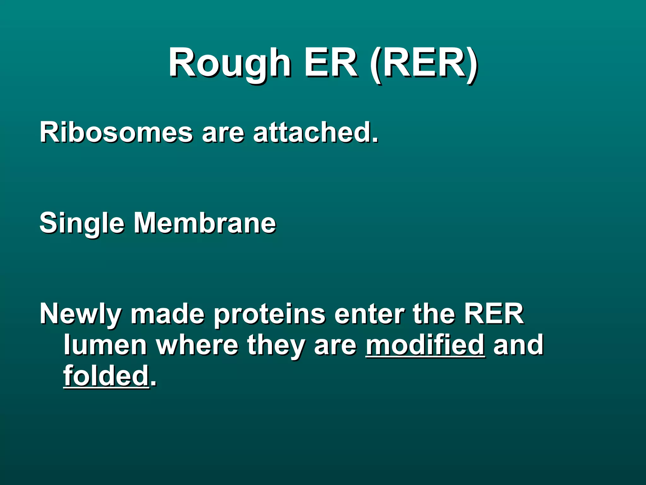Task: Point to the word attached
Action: point(315,132)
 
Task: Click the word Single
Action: point(82,224)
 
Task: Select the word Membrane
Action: point(205,223)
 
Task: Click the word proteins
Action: point(269,314)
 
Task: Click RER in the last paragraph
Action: point(494,314)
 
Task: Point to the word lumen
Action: point(105,345)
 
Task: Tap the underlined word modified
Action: point(425,345)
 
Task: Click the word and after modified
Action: point(518,345)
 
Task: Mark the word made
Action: point(167,314)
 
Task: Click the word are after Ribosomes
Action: point(223,133)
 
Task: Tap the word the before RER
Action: point(434,314)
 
